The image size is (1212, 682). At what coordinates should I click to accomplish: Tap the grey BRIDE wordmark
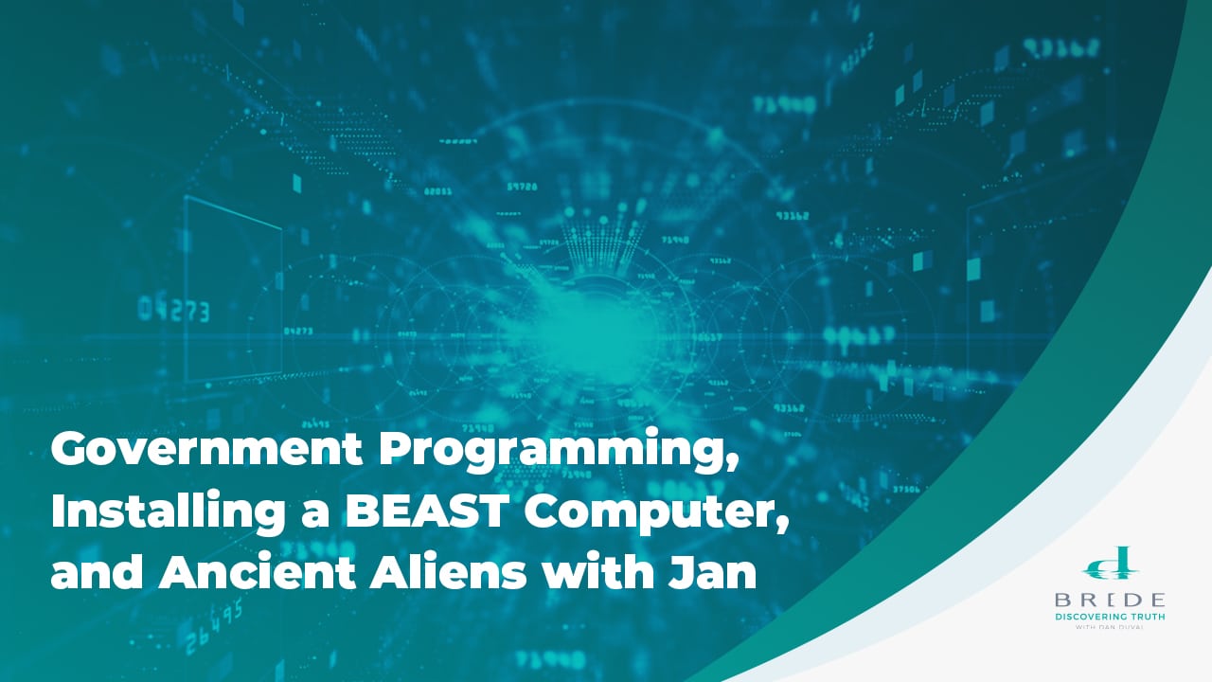[x=1111, y=601]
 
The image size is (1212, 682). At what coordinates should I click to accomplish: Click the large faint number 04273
[x=173, y=310]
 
